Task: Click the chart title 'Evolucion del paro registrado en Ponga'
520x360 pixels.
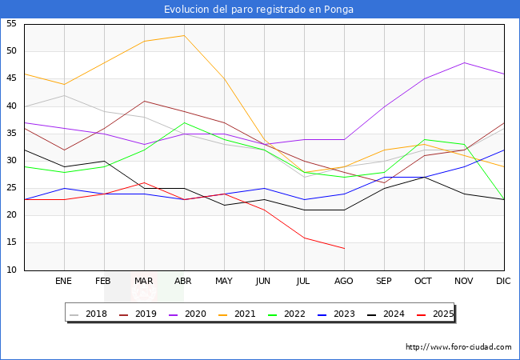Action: pos(259,10)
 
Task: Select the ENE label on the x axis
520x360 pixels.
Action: pos(64,282)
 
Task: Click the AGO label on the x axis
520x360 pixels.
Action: pos(344,282)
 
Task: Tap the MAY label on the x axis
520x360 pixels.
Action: pos(224,282)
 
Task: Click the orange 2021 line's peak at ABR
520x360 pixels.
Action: pos(184,35)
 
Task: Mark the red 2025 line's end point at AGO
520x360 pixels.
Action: pos(344,248)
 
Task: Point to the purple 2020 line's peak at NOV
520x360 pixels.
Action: pos(464,62)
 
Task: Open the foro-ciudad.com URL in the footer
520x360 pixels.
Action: pos(458,347)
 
